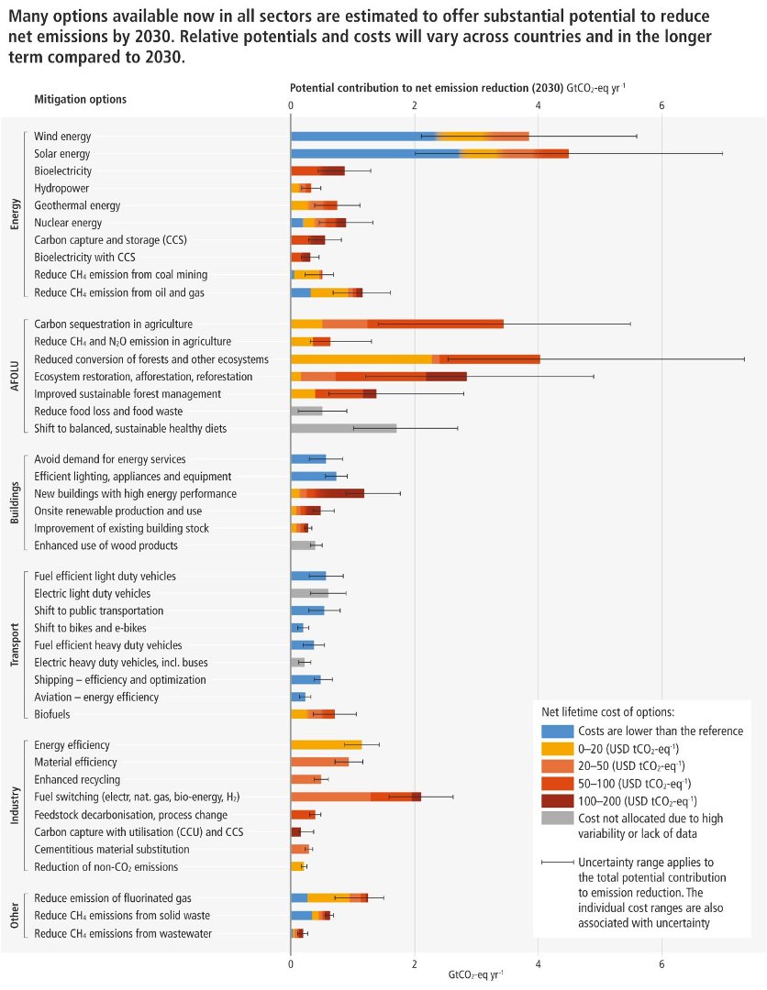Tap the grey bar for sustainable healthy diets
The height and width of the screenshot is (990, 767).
tap(343, 428)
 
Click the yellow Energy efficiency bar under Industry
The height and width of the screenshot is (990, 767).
tap(326, 744)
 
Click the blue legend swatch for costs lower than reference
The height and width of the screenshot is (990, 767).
tap(556, 731)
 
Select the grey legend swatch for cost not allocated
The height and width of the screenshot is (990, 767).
tap(556, 818)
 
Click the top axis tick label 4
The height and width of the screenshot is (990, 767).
tap(539, 105)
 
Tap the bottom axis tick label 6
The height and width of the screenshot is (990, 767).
tap(661, 964)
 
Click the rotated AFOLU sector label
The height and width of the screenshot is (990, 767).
tap(15, 376)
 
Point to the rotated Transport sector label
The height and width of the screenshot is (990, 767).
tap(15, 645)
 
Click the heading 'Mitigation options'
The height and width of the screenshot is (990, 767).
tap(80, 99)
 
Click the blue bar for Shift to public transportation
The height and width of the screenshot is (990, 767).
tap(307, 610)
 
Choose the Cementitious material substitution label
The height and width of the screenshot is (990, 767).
tap(110, 849)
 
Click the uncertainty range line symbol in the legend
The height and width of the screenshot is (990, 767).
tap(556, 863)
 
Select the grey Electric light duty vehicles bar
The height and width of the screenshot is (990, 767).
tap(309, 593)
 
